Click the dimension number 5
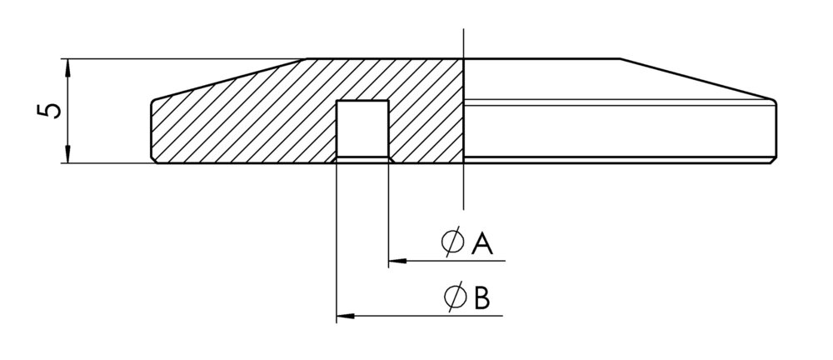(x=49, y=111)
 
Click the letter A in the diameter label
(x=481, y=244)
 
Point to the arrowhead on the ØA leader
(x=397, y=261)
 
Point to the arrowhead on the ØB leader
(x=346, y=316)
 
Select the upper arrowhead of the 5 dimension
(x=67, y=67)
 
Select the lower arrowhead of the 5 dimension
(x=67, y=154)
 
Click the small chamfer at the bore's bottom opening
(x=363, y=159)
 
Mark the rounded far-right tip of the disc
(x=775, y=102)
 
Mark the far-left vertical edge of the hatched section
(x=152, y=129)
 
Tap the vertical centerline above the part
(x=464, y=43)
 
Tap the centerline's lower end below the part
(x=464, y=209)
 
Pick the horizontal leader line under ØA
(x=446, y=261)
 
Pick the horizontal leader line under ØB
(x=420, y=316)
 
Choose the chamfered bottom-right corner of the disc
(x=774, y=160)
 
